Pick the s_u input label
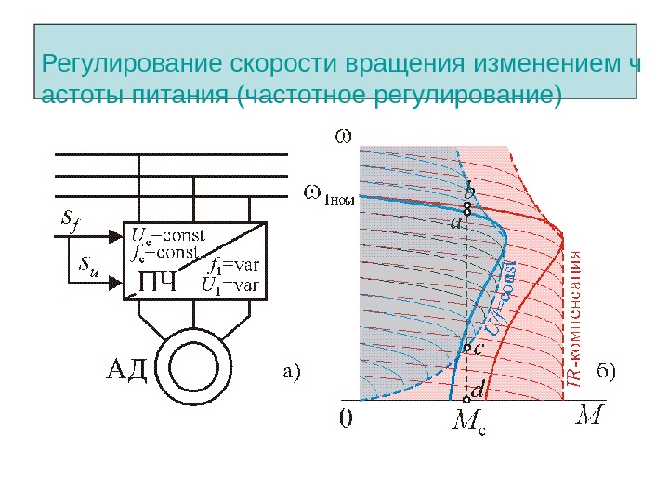pos(89,267)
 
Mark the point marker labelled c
pos(466,349)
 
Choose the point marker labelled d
pos(466,401)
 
